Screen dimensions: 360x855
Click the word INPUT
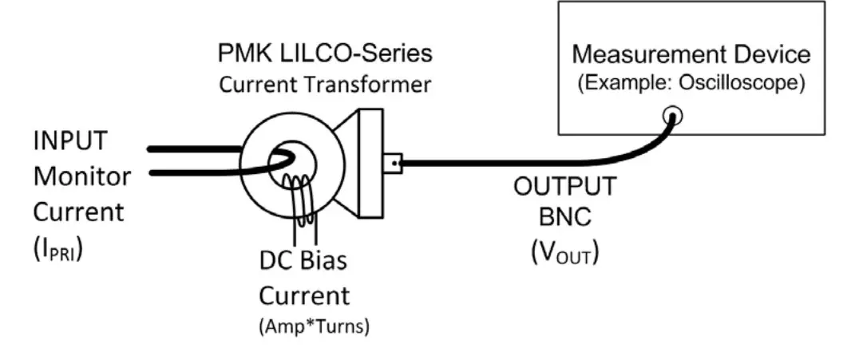pyautogui.click(x=70, y=141)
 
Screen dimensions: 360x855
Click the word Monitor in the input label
pyautogui.click(x=81, y=176)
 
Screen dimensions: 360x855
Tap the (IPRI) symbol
pyautogui.click(x=59, y=247)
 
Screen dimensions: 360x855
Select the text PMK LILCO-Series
pyautogui.click(x=325, y=53)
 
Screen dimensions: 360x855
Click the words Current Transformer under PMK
pyautogui.click(x=325, y=84)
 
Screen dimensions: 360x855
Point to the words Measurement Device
pyautogui.click(x=691, y=54)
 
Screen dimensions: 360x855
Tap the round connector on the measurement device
pyautogui.click(x=672, y=117)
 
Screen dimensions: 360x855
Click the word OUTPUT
pyautogui.click(x=564, y=187)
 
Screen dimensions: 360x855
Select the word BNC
pyautogui.click(x=564, y=220)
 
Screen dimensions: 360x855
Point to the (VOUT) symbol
pyautogui.click(x=564, y=253)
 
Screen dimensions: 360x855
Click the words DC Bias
pyautogui.click(x=303, y=261)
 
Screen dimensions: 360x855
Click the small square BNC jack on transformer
pyautogui.click(x=391, y=164)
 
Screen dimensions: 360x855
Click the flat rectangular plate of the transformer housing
pyautogui.click(x=369, y=164)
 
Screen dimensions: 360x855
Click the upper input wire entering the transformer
pyautogui.click(x=192, y=148)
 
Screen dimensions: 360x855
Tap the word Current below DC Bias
pyautogui.click(x=303, y=295)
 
